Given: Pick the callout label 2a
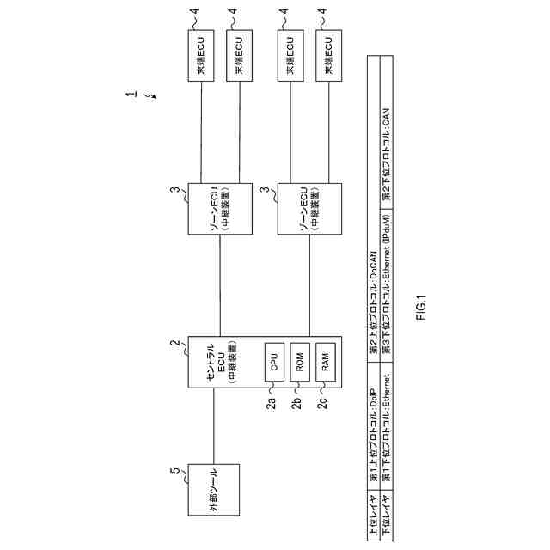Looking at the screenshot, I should point(271,404).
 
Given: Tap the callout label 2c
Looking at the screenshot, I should point(323,404).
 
